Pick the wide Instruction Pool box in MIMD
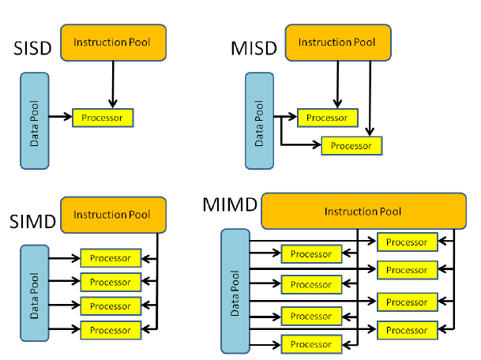pos(363,212)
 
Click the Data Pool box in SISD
pos(35,120)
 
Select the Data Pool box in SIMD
pos(35,292)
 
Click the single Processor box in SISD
pos(103,118)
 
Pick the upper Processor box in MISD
pos(326,118)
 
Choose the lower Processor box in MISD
pos(351,145)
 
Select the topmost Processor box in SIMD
pos(110,258)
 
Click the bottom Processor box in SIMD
pos(110,329)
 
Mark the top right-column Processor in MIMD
pos(407,242)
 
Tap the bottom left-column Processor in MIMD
pos(311,344)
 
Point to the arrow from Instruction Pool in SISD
pos(113,84)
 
